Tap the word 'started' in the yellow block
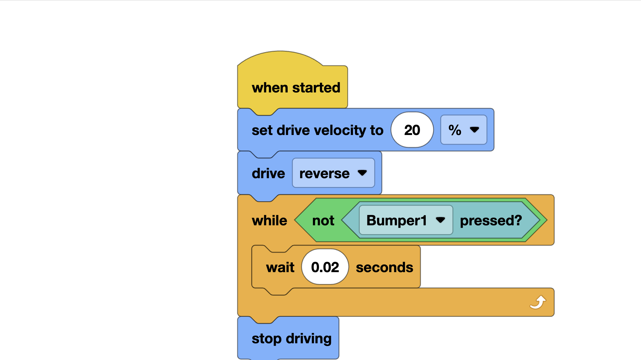316,88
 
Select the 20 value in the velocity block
412,130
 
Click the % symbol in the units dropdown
455,130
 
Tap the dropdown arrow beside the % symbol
474,130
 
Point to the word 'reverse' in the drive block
324,174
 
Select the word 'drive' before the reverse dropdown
268,174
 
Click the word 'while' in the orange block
269,220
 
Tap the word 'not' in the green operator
323,220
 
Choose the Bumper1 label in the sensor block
397,220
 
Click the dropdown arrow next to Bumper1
440,220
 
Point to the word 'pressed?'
491,220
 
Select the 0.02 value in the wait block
325,267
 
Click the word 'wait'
280,268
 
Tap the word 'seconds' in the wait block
384,268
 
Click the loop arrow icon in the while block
538,302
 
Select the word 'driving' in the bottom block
309,339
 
